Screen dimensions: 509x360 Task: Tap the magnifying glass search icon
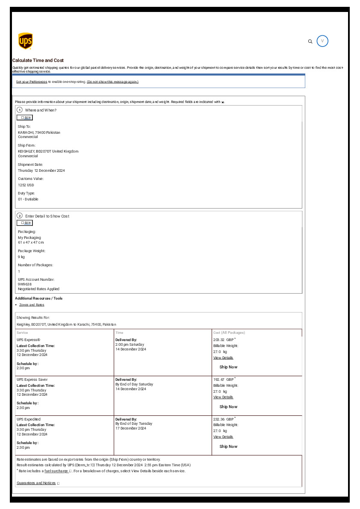pyautogui.click(x=310, y=41)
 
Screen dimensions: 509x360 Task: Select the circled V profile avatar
pyautogui.click(x=322, y=41)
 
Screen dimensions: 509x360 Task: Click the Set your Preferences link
pyautogui.click(x=32, y=82)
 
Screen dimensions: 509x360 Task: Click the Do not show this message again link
pyautogui.click(x=112, y=82)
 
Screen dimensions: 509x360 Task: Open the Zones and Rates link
pyautogui.click(x=32, y=305)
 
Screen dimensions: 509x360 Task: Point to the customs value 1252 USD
pyautogui.click(x=26, y=185)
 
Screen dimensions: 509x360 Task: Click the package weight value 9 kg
pyautogui.click(x=21, y=257)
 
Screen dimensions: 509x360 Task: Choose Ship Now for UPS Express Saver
pyautogui.click(x=228, y=407)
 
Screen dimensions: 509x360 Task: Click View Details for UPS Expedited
pyautogui.click(x=223, y=437)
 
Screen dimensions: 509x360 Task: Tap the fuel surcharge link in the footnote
pyautogui.click(x=56, y=471)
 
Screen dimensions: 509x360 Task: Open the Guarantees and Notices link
pyautogui.click(x=36, y=483)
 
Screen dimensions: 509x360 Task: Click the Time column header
pyautogui.click(x=119, y=332)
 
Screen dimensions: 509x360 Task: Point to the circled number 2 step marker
pyautogui.click(x=20, y=216)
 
